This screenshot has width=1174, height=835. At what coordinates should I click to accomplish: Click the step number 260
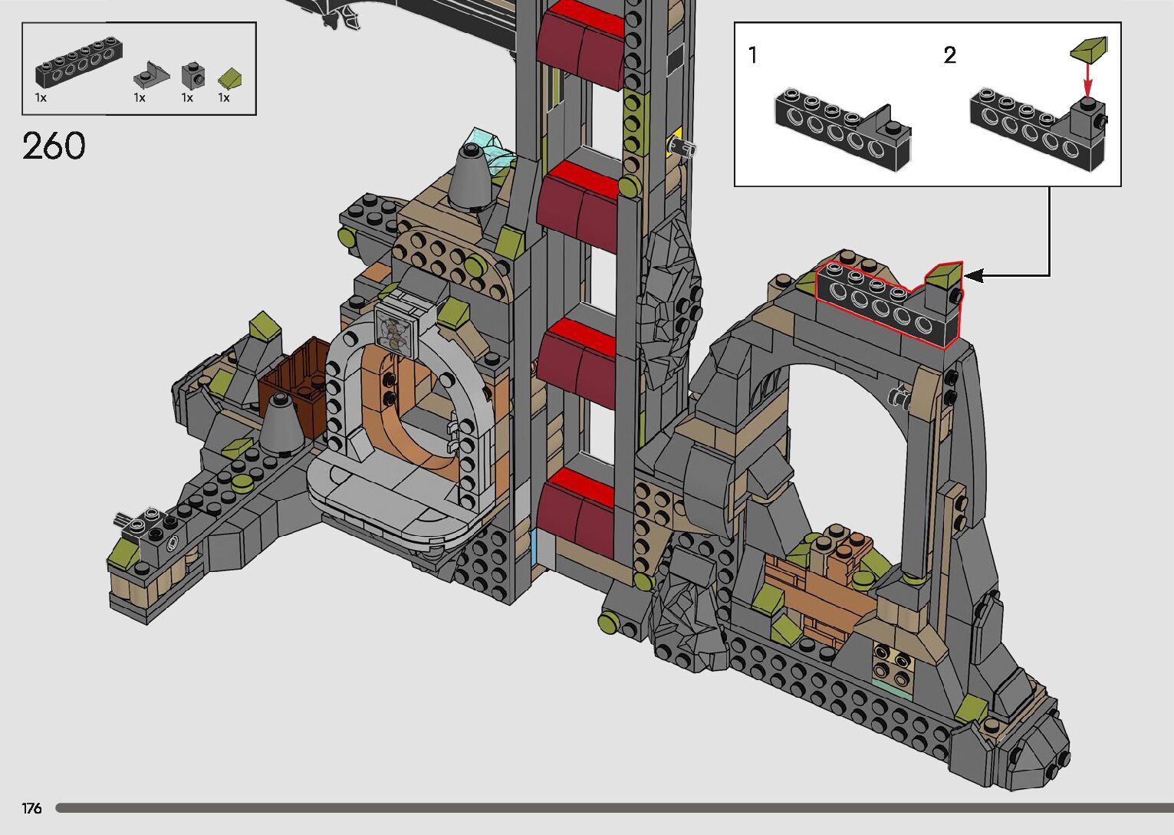coord(54,146)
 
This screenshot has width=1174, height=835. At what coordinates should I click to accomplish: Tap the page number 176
coord(31,808)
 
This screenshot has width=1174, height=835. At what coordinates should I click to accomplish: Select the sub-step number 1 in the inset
coord(753,55)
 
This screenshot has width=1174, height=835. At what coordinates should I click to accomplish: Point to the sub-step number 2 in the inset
coord(949,55)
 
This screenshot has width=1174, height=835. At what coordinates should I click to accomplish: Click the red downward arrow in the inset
coord(1088,81)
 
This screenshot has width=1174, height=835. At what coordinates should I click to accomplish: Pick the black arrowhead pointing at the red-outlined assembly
coord(973,275)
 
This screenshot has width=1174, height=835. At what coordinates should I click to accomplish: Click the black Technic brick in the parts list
coord(79,61)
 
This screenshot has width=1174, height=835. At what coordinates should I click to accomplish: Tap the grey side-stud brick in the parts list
coord(193,76)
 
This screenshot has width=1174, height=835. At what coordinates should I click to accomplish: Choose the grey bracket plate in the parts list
coord(151,74)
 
